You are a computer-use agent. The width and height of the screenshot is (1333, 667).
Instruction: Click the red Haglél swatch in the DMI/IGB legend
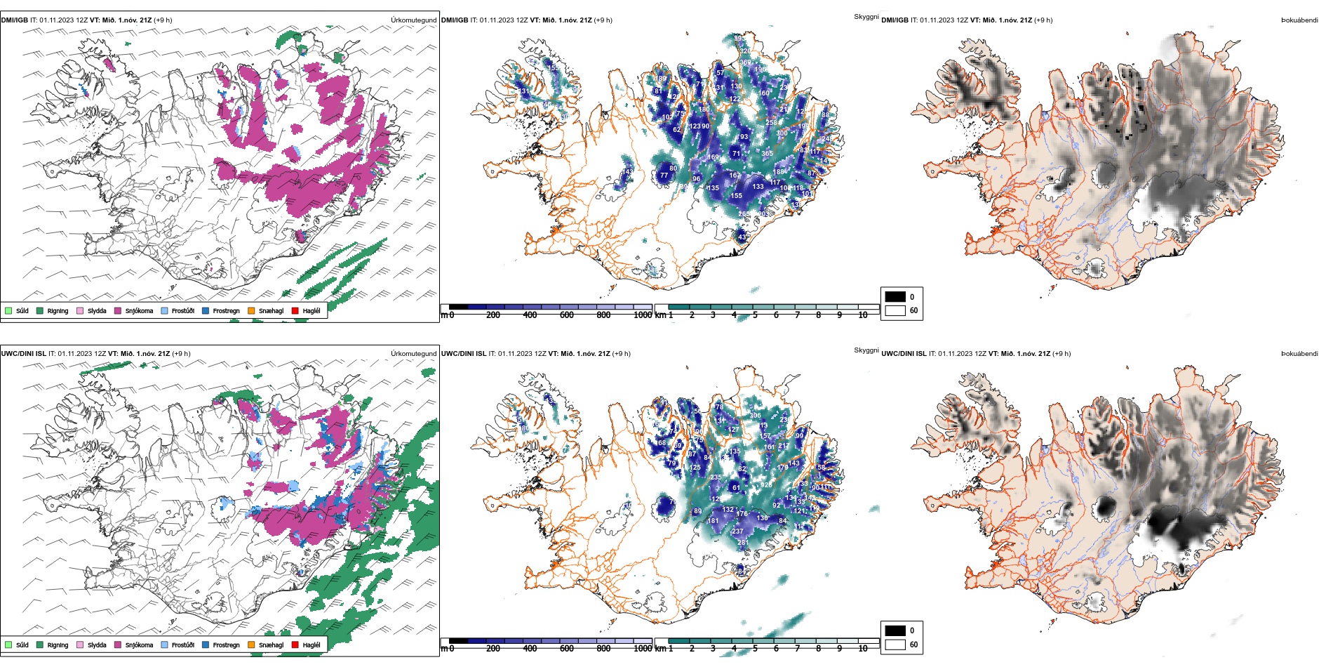coord(295,310)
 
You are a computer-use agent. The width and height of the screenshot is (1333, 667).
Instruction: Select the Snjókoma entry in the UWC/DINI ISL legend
coord(139,645)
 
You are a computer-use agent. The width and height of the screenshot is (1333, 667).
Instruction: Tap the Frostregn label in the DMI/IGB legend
coord(226,311)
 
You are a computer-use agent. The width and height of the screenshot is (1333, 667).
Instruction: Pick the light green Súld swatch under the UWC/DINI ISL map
coord(8,645)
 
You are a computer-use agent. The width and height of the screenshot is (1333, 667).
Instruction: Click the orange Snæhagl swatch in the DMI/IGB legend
coord(251,310)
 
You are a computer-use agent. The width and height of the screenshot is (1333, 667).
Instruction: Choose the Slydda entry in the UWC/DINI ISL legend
coord(97,645)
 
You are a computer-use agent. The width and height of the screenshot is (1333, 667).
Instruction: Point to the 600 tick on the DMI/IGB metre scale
coord(567,315)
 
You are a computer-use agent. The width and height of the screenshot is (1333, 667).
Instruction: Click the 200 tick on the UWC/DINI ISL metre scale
coord(493,649)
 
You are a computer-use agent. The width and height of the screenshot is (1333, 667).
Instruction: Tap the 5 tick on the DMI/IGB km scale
coord(755,315)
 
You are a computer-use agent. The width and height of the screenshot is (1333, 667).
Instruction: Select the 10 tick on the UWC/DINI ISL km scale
coord(863,649)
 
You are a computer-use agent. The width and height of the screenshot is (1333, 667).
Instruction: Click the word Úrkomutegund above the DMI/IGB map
coord(413,20)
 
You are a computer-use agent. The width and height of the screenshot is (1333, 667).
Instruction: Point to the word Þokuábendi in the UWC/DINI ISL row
coord(1299,354)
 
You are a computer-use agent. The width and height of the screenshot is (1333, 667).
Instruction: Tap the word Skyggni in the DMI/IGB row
coord(866,17)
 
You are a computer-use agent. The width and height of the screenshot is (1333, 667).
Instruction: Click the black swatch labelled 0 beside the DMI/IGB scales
coord(895,296)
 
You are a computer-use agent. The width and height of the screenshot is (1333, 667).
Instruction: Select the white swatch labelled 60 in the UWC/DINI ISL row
coord(895,644)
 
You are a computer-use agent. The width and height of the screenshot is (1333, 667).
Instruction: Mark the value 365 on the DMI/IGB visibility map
coord(767,153)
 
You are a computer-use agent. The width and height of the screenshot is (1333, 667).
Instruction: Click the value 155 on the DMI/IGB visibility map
coord(736,196)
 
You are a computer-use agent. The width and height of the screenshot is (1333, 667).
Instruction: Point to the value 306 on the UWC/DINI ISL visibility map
coord(755,416)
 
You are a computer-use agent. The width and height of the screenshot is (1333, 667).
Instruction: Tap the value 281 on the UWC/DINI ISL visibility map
coord(742,543)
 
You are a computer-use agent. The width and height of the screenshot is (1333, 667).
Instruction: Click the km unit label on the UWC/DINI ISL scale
coord(659,649)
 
